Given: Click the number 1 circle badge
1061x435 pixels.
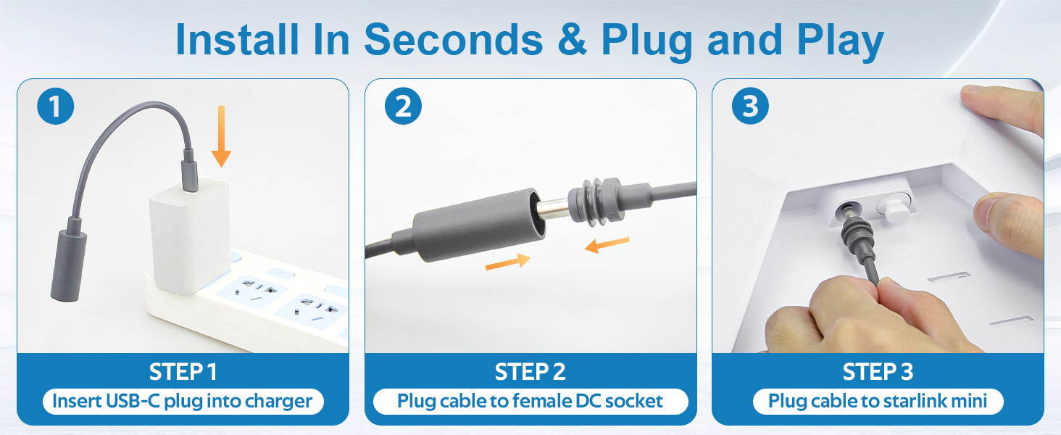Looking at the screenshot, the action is pyautogui.click(x=55, y=106).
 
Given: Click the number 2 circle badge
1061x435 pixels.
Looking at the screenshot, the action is pyautogui.click(x=403, y=106).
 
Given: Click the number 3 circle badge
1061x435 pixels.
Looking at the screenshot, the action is pyautogui.click(x=750, y=106).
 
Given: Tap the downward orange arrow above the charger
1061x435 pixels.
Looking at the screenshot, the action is pyautogui.click(x=221, y=136).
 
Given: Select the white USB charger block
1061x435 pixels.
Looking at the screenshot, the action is pyautogui.click(x=189, y=236).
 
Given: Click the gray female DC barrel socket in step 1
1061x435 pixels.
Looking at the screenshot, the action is pyautogui.click(x=69, y=265).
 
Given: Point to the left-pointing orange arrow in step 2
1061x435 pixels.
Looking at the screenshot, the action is pyautogui.click(x=607, y=244).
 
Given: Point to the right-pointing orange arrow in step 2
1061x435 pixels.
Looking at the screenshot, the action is pyautogui.click(x=508, y=261).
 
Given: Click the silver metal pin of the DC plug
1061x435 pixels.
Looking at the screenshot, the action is pyautogui.click(x=554, y=209).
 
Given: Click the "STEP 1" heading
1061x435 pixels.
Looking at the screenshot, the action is pyautogui.click(x=183, y=371).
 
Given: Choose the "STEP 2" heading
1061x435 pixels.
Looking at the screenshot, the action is pyautogui.click(x=530, y=371).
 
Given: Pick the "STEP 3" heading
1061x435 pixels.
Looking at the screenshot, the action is pyautogui.click(x=878, y=371).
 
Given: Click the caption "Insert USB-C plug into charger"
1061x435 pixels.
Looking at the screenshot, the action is pyautogui.click(x=183, y=402).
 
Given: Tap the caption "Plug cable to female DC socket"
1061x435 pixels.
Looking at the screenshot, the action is pyautogui.click(x=530, y=402).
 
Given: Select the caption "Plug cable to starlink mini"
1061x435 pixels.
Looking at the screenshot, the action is pyautogui.click(x=877, y=402).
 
